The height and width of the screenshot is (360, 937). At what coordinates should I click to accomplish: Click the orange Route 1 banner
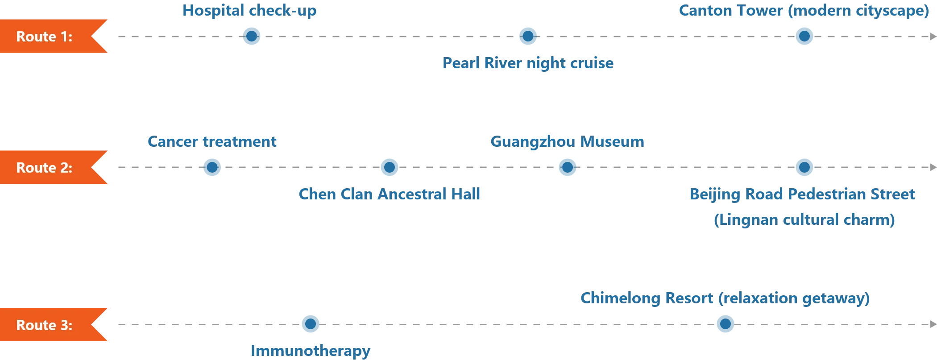tap(49, 37)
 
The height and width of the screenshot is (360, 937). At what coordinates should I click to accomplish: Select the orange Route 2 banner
tap(49, 168)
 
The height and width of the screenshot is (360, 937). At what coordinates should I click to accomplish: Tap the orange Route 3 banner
tap(49, 325)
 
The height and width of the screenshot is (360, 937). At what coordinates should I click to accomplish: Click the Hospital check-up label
tap(249, 11)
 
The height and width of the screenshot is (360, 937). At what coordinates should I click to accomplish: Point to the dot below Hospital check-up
tap(251, 37)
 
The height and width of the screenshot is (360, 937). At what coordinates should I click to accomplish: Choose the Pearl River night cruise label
tap(528, 64)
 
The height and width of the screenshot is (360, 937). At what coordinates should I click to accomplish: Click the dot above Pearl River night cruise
tap(528, 37)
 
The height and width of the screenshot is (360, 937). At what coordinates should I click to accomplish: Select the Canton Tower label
tap(804, 11)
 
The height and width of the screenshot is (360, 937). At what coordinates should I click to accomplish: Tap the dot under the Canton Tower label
tap(804, 37)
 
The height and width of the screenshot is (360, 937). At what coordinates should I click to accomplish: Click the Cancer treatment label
tap(212, 142)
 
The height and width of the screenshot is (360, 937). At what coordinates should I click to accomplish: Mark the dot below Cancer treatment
tap(212, 168)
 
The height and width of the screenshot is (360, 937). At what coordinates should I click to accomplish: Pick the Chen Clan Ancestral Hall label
tap(389, 194)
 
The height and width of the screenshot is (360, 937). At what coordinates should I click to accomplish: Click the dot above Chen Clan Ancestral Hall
tap(389, 168)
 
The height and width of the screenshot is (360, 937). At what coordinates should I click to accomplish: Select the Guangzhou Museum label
tap(567, 142)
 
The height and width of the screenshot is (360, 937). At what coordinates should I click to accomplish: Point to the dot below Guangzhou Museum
tap(567, 168)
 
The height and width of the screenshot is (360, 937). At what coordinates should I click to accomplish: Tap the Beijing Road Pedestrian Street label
tap(803, 194)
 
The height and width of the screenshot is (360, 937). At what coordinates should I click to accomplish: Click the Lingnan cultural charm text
tap(804, 219)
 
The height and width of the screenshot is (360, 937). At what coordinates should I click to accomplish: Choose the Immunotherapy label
tap(310, 351)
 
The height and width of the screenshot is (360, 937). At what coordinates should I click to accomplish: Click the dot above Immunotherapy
tap(310, 325)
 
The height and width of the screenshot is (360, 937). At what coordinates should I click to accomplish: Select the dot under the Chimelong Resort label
tap(726, 325)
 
